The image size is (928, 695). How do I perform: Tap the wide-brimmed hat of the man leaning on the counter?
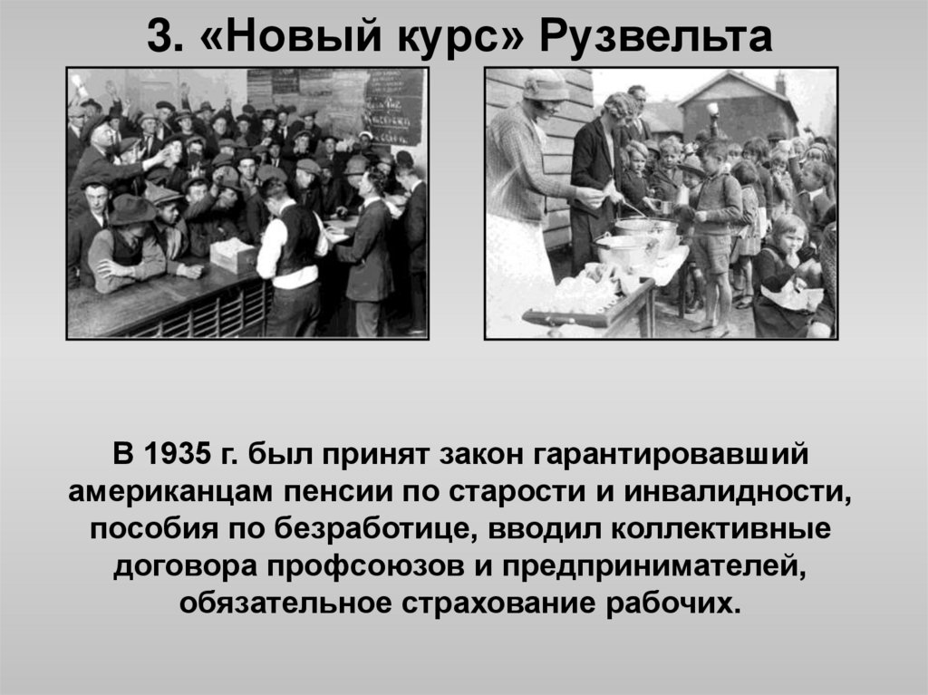pos(131,209)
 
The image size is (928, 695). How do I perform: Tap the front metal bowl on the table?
pos(624,250)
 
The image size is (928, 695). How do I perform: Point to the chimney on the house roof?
pos(780,83)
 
